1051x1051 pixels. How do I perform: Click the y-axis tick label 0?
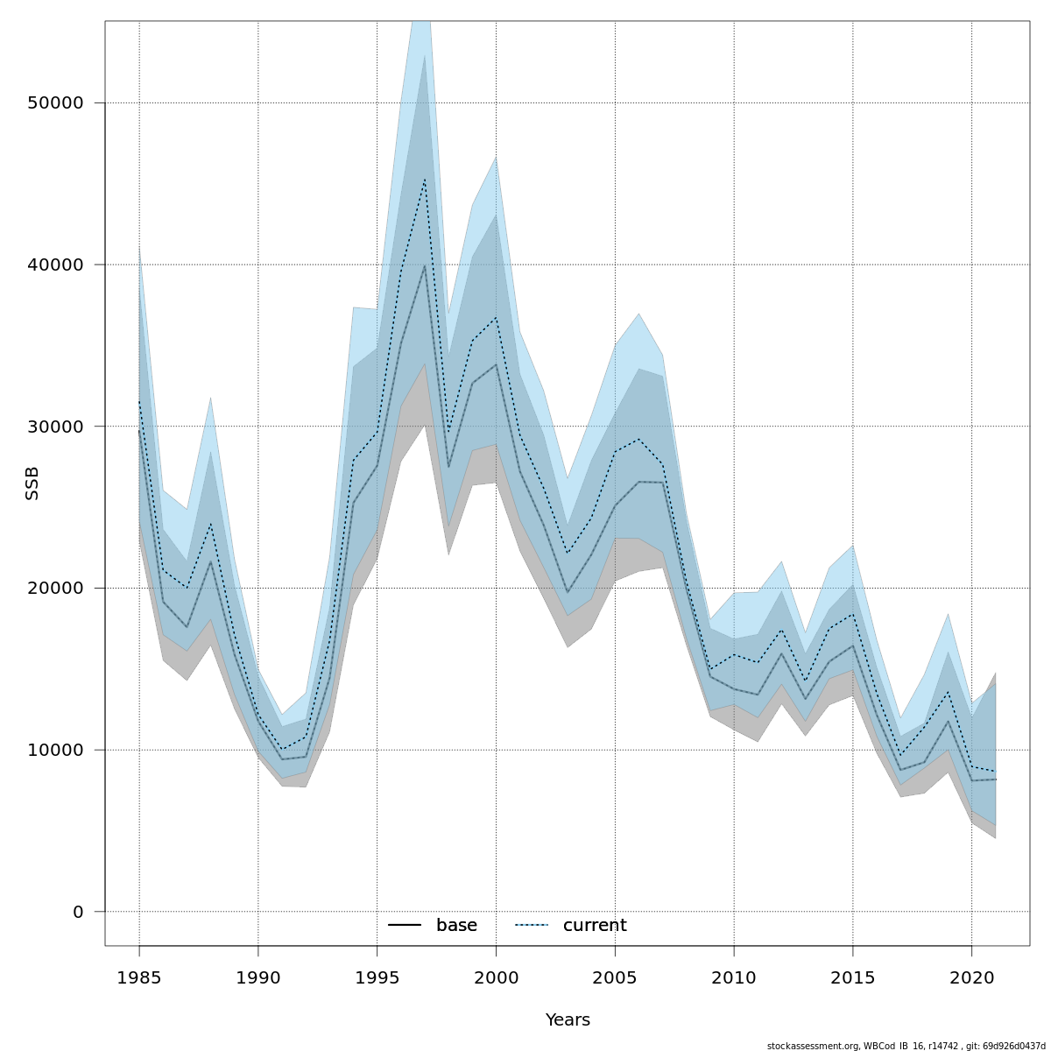coord(77,912)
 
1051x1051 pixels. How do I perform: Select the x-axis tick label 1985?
coord(139,977)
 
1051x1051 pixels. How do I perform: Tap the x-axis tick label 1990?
coord(258,977)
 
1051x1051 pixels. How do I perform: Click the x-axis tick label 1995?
coord(377,977)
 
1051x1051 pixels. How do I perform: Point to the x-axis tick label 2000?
coord(496,977)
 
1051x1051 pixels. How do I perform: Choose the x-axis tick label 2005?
coord(615,977)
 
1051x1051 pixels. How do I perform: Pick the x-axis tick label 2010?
coord(734,977)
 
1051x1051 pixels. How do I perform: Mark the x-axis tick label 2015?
coord(853,977)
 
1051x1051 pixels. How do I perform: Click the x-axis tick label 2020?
coord(972,977)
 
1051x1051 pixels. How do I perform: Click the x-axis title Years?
coord(568,1020)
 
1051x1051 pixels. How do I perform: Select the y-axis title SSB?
coord(32,483)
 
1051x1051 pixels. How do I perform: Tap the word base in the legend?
coord(456,926)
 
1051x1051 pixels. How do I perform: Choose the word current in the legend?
coord(595,926)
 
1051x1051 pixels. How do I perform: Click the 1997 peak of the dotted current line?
coord(425,179)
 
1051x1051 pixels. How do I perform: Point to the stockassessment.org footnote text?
coord(906,1046)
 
